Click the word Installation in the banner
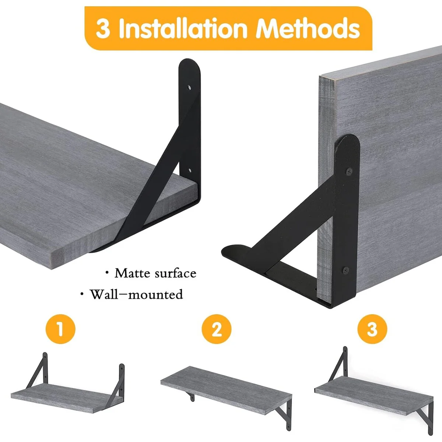tap(183, 28)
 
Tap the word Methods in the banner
tap(308, 28)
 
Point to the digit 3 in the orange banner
tap(102, 29)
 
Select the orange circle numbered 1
tap(60, 329)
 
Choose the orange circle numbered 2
tap(216, 329)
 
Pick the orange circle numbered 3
tap(372, 329)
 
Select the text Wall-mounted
tap(137, 294)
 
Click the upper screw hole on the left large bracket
tap(189, 87)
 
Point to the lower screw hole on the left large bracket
tap(190, 170)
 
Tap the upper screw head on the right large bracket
tap(349, 171)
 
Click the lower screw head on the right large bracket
tap(345, 270)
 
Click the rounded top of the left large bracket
tap(189, 65)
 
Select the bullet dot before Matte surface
tap(107, 272)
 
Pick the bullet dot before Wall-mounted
tap(82, 293)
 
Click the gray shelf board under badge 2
tap(226, 390)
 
